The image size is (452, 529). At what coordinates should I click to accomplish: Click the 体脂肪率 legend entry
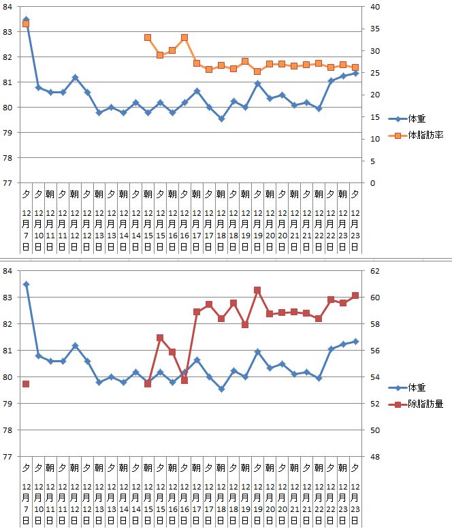(x=425, y=135)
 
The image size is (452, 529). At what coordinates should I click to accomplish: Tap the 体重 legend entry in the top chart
(x=417, y=118)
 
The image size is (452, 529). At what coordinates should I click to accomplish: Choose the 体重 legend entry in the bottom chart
(x=417, y=387)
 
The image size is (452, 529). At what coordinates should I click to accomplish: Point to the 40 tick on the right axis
(x=373, y=7)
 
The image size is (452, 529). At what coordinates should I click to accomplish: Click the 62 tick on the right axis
(x=373, y=271)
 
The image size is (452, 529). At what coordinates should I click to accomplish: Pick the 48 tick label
(x=373, y=457)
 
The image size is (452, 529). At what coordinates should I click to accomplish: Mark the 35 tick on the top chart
(x=373, y=29)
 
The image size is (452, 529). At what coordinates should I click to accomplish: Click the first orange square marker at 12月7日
(x=26, y=24)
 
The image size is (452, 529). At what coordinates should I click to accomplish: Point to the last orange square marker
(x=355, y=67)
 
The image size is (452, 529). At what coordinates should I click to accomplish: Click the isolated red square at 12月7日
(x=26, y=384)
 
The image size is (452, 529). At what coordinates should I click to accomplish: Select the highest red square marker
(x=258, y=290)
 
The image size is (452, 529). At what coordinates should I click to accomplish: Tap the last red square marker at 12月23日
(x=355, y=295)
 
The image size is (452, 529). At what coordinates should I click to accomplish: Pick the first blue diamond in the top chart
(x=26, y=20)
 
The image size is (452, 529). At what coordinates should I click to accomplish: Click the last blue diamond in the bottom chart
(x=355, y=341)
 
